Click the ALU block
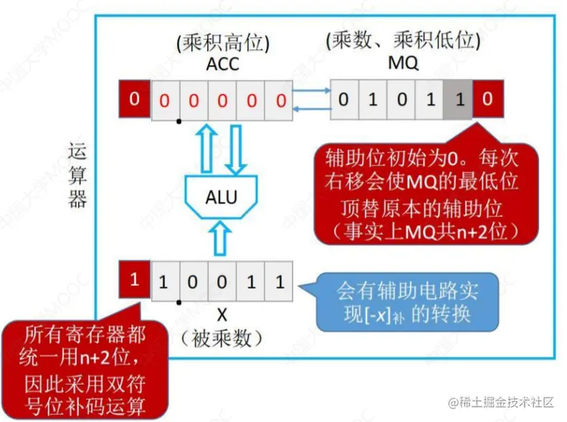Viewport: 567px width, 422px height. click(221, 197)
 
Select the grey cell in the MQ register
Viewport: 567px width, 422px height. click(459, 100)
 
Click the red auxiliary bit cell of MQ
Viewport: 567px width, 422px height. click(487, 100)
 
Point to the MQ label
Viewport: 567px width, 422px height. click(403, 64)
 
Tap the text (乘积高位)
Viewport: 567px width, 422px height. click(222, 43)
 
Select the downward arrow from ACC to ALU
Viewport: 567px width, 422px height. click(237, 147)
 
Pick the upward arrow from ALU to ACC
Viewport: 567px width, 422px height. click(206, 147)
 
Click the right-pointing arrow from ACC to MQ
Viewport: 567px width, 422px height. click(311, 92)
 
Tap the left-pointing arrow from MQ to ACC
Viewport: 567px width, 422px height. click(311, 108)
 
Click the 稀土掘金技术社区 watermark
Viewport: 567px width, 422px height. click(501, 403)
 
